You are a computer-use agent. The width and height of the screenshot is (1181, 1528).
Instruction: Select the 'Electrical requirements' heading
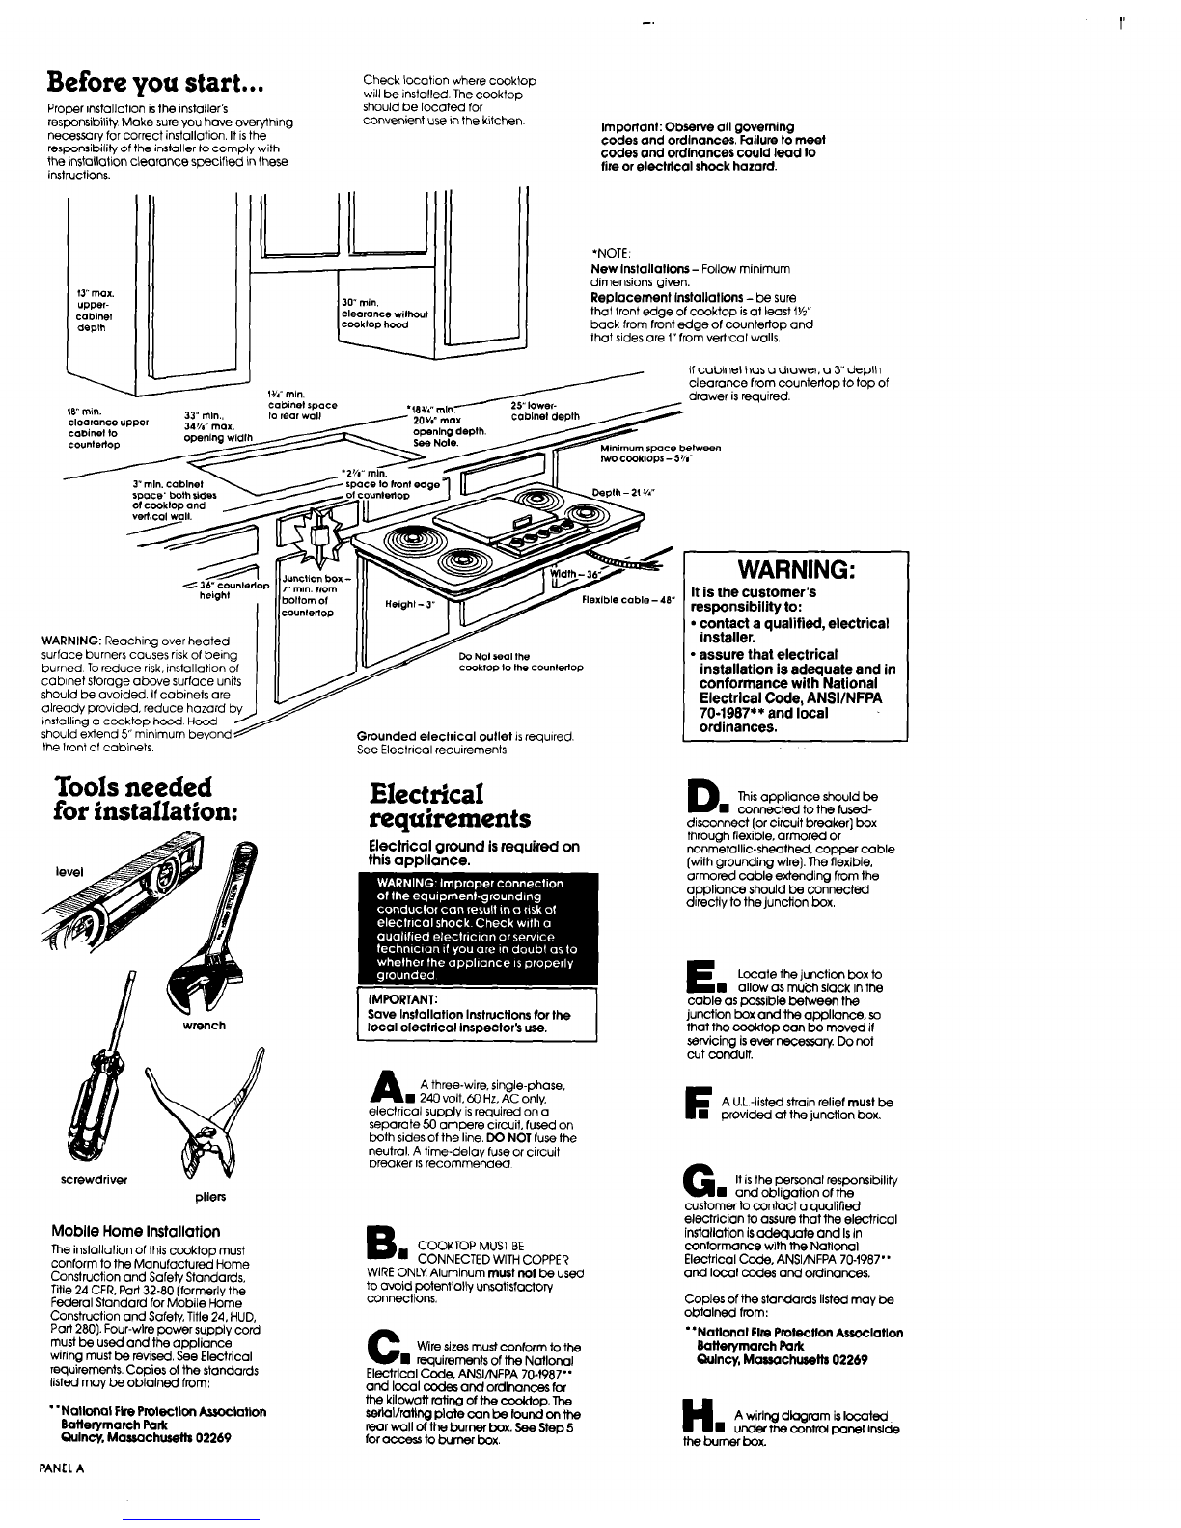point(451,806)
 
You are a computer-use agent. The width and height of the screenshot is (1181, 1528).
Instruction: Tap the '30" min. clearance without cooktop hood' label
point(384,312)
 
